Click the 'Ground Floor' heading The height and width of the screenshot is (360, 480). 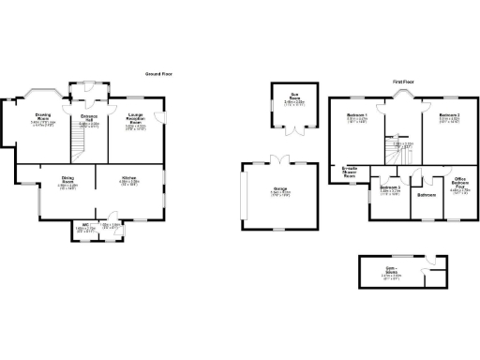coord(157,73)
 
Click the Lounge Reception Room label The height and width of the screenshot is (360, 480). coord(136,119)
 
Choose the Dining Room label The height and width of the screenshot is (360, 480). coord(67,180)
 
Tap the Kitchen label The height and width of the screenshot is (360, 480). coord(128,180)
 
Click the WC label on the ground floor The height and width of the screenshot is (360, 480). coord(85,226)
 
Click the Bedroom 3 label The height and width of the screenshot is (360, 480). coord(391,190)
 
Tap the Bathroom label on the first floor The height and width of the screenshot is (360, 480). coord(428,195)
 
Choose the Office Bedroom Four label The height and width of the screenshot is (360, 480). coord(460,184)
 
